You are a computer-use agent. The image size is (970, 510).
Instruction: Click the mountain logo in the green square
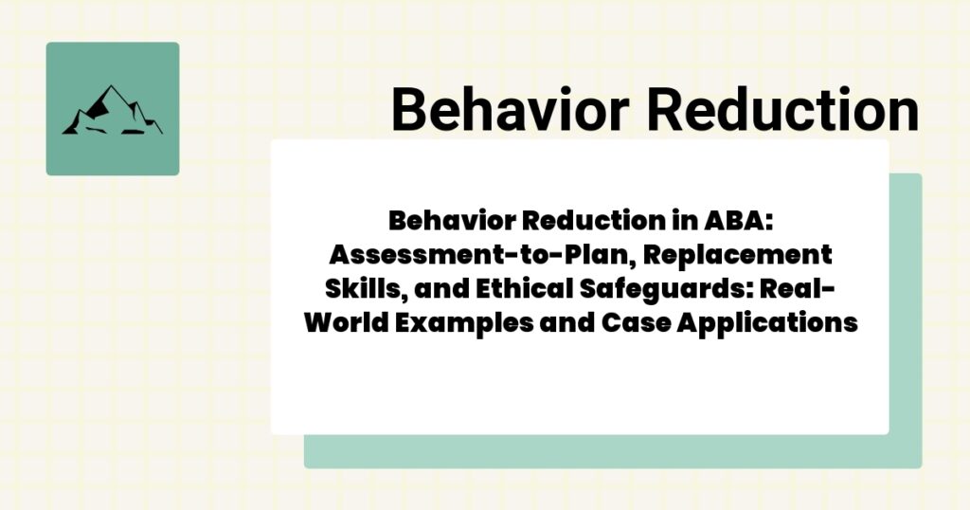coord(112,109)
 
